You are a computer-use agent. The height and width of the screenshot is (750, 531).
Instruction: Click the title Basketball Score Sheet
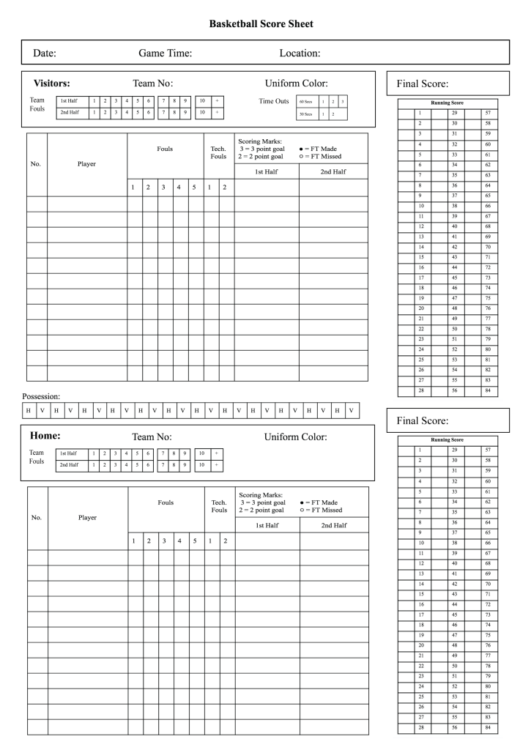pyautogui.click(x=261, y=24)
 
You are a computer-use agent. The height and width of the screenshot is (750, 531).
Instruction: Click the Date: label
pyautogui.click(x=45, y=53)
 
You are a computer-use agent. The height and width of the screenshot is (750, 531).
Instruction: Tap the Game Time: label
pyautogui.click(x=165, y=53)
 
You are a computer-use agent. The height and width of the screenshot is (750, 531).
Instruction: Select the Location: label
pyautogui.click(x=300, y=53)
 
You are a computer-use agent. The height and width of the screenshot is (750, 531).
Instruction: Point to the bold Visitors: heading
pyautogui.click(x=51, y=83)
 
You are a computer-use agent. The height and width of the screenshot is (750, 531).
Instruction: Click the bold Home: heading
pyautogui.click(x=44, y=436)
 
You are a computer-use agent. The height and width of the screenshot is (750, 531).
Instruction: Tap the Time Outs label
pyautogui.click(x=274, y=101)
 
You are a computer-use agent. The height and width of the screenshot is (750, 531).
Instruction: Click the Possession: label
pyautogui.click(x=40, y=396)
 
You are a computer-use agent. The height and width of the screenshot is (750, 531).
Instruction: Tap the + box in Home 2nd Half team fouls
pyautogui.click(x=217, y=464)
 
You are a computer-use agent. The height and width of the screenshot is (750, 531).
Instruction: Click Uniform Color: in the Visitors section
pyautogui.click(x=295, y=84)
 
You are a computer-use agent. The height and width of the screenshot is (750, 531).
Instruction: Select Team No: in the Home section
pyautogui.click(x=152, y=437)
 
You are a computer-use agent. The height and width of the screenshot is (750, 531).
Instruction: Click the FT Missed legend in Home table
pyautogui.click(x=321, y=510)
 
